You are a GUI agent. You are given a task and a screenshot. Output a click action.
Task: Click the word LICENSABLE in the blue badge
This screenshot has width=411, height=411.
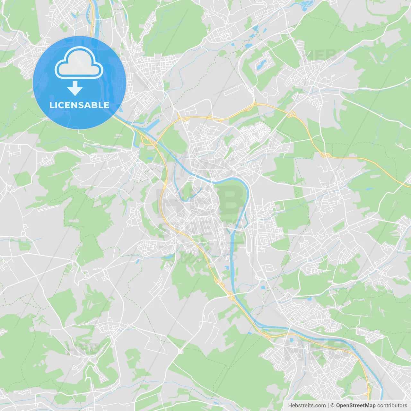[x=79, y=105]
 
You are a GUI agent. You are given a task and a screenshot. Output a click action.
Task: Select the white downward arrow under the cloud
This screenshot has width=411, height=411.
[x=75, y=88]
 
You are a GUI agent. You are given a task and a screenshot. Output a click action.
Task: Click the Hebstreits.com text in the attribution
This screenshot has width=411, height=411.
[x=307, y=406]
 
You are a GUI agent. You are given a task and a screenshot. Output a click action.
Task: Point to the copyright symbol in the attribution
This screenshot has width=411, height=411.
[x=333, y=406]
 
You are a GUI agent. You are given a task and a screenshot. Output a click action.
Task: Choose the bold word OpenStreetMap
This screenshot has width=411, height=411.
[x=356, y=406]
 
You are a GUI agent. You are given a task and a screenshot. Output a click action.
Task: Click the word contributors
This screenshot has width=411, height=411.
[x=392, y=406]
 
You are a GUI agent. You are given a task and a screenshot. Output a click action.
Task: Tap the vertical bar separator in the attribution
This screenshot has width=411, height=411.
[x=328, y=406]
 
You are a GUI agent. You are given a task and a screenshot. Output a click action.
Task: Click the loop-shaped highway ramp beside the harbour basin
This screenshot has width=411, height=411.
[x=146, y=141]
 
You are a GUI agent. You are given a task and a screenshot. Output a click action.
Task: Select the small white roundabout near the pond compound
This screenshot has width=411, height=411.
[x=266, y=95]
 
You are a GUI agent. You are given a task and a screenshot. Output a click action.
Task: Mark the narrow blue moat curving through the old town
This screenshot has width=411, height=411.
[x=176, y=189]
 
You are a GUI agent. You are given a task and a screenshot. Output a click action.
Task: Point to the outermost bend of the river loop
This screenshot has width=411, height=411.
[x=248, y=189]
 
